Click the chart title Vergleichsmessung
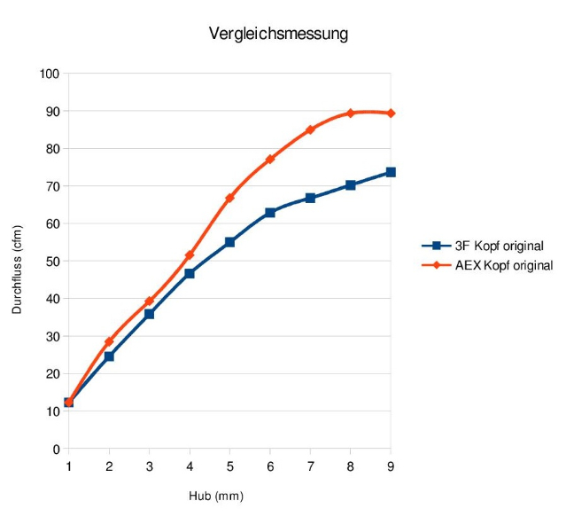pos(278,35)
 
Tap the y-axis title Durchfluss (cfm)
pos(17,268)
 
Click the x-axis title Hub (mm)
pos(216,496)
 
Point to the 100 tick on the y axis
pos(50,74)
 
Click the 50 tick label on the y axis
pos(52,262)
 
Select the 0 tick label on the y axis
pos(55,449)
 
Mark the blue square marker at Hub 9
pos(391,172)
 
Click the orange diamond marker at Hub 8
pos(350,113)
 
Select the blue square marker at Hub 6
pos(269,213)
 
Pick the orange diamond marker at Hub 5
pos(229,198)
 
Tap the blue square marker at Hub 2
pos(109,356)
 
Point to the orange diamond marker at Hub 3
pos(149,301)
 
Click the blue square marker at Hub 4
pos(190,274)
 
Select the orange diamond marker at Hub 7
pos(310,130)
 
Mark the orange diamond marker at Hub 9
pos(391,113)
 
